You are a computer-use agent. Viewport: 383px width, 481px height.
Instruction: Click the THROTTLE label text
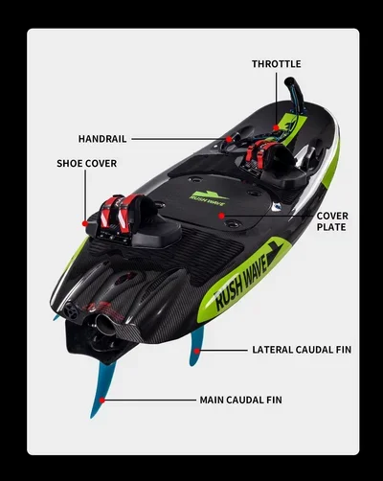pyautogui.click(x=276, y=64)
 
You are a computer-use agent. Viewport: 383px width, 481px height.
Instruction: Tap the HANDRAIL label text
pyautogui.click(x=102, y=139)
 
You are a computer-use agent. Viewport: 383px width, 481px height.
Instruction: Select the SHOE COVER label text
pyautogui.click(x=87, y=164)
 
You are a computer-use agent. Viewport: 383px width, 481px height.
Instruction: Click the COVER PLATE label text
pyautogui.click(x=332, y=221)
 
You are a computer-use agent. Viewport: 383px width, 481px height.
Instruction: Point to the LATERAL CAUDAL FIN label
pyautogui.click(x=302, y=350)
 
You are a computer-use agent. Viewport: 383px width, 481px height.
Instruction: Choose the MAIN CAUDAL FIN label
pyautogui.click(x=241, y=400)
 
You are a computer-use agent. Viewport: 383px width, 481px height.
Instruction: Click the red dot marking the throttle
pyautogui.click(x=276, y=127)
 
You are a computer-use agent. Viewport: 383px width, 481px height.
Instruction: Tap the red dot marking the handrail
pyautogui.click(x=229, y=139)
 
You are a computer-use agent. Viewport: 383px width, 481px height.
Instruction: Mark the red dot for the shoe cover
pyautogui.click(x=85, y=223)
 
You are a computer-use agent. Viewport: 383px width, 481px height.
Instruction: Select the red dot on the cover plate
pyautogui.click(x=221, y=216)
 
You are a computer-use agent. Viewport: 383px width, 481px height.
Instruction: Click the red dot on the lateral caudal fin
pyautogui.click(x=197, y=351)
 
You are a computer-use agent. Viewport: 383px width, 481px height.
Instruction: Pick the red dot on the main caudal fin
pyautogui.click(x=101, y=400)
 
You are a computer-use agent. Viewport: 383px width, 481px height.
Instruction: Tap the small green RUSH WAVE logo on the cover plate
pyautogui.click(x=207, y=198)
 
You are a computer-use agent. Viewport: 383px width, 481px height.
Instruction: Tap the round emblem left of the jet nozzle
pyautogui.click(x=70, y=310)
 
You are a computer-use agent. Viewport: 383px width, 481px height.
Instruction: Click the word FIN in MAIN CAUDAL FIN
pyautogui.click(x=275, y=400)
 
